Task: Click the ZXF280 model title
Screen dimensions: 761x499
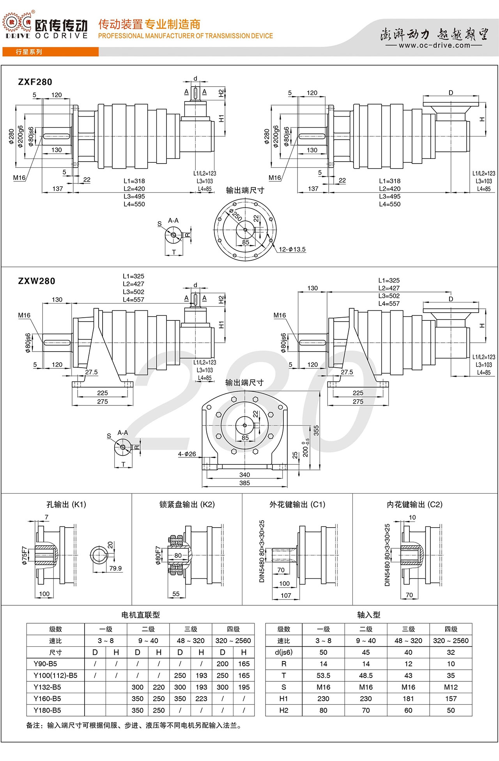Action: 35,82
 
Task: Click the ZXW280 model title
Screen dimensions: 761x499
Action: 37,281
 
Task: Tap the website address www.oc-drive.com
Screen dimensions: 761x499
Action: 435,45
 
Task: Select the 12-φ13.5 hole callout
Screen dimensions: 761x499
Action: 292,249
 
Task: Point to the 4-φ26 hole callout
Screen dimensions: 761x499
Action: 187,454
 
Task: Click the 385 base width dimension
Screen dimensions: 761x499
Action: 244,483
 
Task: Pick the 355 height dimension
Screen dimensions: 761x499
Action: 316,430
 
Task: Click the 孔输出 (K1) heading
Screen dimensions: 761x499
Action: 66,505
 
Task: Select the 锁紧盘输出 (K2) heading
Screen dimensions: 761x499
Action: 187,505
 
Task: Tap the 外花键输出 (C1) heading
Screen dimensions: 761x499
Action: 297,505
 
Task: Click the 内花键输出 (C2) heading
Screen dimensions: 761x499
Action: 414,505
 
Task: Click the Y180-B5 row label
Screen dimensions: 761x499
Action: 47,710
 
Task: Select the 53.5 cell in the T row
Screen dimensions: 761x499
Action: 323,676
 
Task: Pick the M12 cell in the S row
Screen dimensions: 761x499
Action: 451,687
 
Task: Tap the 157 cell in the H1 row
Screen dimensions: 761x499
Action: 451,699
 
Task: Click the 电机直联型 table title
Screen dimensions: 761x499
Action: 140,615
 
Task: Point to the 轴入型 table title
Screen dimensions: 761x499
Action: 368,615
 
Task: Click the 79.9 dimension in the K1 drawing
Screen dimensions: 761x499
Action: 115,568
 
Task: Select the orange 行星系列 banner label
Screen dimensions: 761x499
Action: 29,52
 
